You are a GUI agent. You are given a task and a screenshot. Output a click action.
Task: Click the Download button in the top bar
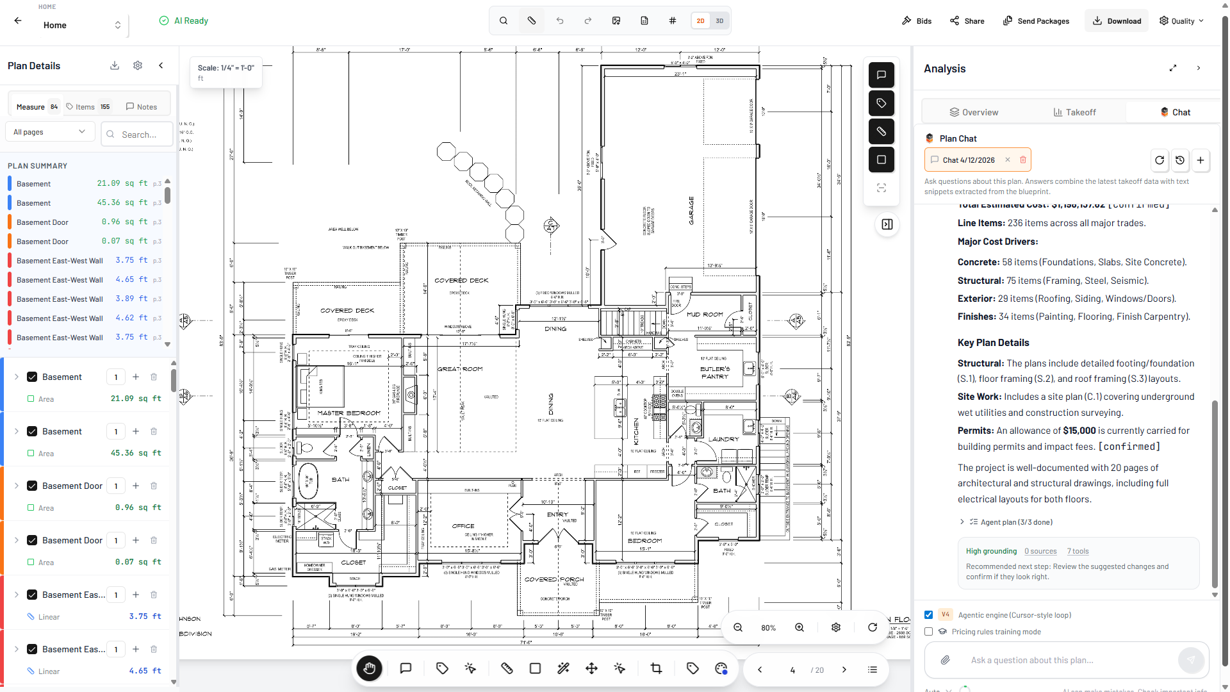[x=1117, y=21]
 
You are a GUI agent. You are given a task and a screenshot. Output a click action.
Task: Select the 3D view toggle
[x=719, y=21]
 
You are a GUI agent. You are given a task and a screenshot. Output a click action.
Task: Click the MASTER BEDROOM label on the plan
[x=348, y=413]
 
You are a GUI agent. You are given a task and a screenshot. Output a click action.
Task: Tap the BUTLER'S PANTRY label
[x=715, y=373]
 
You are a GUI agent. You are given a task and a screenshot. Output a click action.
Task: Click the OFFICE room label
[x=463, y=526]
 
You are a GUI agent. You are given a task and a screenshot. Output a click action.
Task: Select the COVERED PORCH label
[x=554, y=579]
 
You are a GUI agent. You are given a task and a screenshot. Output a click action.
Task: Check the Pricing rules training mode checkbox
[x=928, y=632]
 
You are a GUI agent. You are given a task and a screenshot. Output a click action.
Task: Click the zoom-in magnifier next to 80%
[x=799, y=627]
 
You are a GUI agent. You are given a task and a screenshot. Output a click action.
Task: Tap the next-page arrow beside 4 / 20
[x=844, y=670]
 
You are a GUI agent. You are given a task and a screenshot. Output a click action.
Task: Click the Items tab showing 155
[x=88, y=107]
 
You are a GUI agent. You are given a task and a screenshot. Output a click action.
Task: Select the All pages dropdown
[x=49, y=132]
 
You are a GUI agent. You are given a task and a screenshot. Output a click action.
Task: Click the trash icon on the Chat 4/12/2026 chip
[x=1023, y=160]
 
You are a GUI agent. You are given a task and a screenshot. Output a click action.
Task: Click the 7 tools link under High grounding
[x=1078, y=551]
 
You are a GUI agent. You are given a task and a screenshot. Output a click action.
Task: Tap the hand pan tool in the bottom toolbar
[x=370, y=668]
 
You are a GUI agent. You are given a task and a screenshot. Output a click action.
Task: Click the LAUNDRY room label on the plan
[x=723, y=440]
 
